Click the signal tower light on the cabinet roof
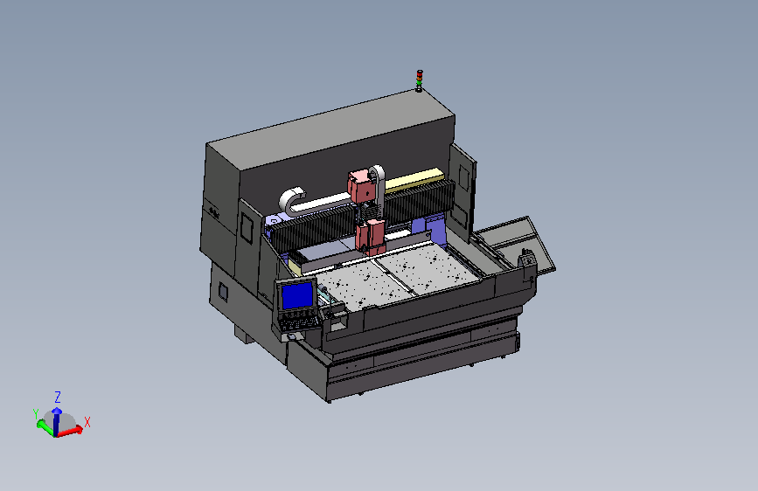coord(419,80)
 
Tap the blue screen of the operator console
coord(297,294)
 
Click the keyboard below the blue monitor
coord(300,323)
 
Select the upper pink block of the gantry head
coord(362,185)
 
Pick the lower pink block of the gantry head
coord(371,237)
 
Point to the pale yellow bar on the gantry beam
coord(416,179)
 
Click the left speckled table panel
coord(362,285)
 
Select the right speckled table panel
coord(428,267)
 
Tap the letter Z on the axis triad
coord(58,398)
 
